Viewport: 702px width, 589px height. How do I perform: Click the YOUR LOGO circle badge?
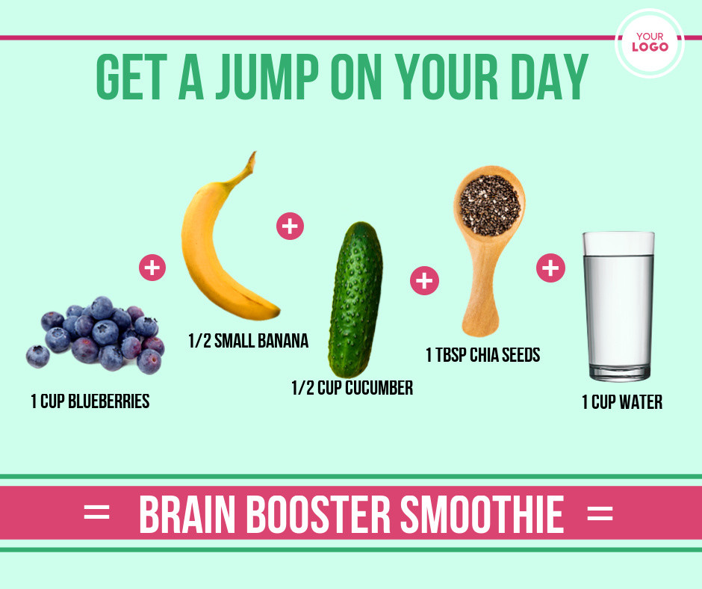(x=649, y=43)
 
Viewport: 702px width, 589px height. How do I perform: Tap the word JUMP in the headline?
(x=267, y=77)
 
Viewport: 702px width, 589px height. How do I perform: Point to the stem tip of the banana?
(x=254, y=153)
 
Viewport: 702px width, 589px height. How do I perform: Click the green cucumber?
(x=355, y=300)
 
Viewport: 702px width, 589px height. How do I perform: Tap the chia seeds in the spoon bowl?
(x=490, y=206)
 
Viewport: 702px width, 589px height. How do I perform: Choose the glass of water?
(x=618, y=306)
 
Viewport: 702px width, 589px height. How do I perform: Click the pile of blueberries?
(x=96, y=334)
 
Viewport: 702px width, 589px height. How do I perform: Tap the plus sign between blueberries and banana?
(x=152, y=268)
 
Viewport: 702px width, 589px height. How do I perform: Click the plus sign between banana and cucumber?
(x=290, y=226)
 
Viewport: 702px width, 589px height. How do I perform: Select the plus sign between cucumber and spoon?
(x=424, y=280)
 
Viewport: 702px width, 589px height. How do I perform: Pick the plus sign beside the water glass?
(x=550, y=268)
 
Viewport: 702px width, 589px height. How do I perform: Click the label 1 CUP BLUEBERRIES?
(x=90, y=401)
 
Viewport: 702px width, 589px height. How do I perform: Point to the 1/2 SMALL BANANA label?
(x=249, y=341)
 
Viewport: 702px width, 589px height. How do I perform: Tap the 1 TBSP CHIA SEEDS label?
(x=483, y=355)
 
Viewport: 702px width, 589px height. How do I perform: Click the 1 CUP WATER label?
(x=622, y=402)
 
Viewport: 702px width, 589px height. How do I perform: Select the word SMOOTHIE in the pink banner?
(x=482, y=514)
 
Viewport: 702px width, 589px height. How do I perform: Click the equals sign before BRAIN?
(x=96, y=512)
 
